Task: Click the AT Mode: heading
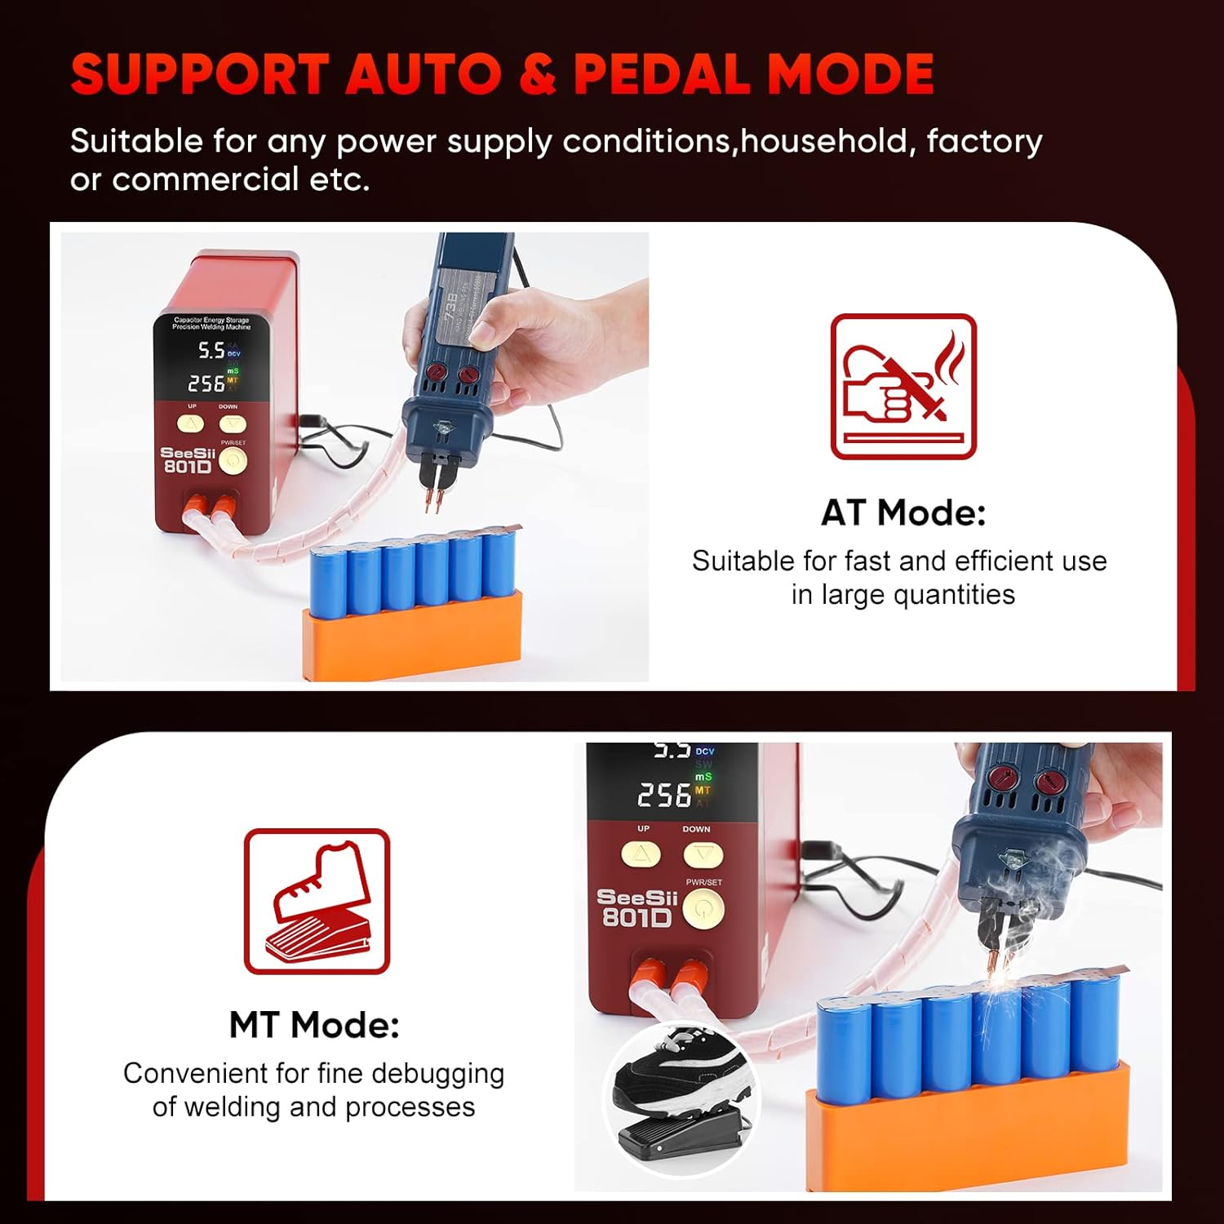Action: click(x=902, y=512)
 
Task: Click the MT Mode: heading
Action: click(x=314, y=1024)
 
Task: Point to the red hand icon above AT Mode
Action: click(x=902, y=387)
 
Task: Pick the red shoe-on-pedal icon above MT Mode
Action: click(x=317, y=901)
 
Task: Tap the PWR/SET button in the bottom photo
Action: click(x=703, y=908)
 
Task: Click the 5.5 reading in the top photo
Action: click(x=211, y=351)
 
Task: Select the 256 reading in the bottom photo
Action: click(x=664, y=795)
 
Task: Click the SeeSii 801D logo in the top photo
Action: click(x=188, y=459)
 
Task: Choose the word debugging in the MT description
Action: click(x=434, y=1073)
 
